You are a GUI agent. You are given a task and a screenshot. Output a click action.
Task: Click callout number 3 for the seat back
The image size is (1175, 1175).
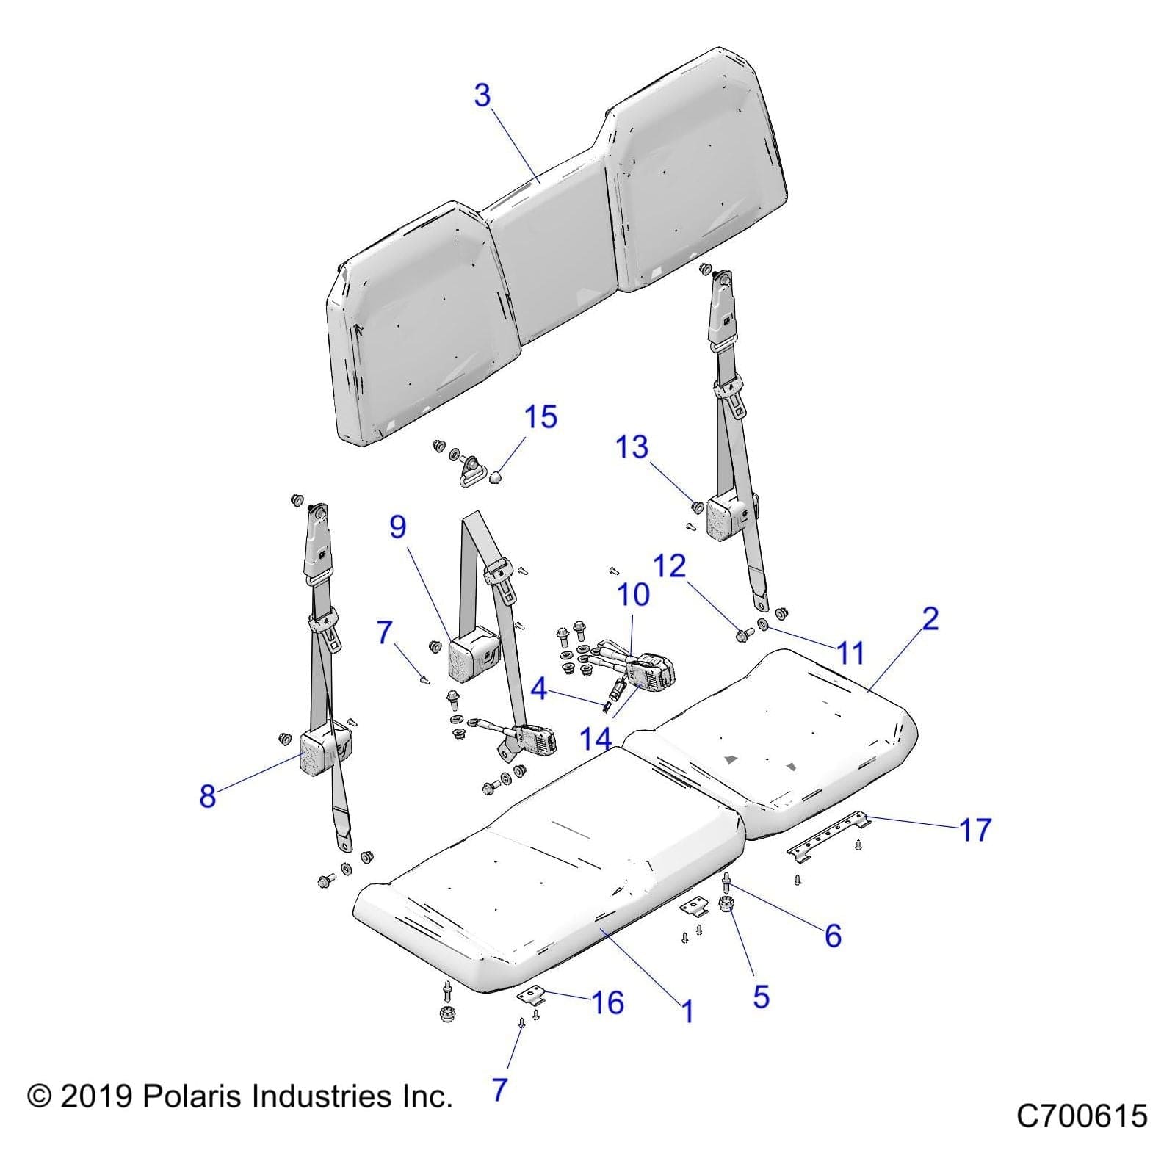coord(482,95)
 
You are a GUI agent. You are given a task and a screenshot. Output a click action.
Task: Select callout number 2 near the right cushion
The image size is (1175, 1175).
coord(930,619)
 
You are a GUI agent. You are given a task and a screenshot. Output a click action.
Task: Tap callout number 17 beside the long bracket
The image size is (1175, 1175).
coord(975,830)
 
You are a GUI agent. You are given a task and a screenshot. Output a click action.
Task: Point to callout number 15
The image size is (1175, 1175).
coord(540,417)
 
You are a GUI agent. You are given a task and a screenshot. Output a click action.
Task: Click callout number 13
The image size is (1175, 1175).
coord(632,446)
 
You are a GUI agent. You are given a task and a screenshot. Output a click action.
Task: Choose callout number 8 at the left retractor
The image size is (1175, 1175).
coord(208,795)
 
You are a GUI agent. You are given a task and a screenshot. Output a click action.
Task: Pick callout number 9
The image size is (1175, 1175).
coord(397,527)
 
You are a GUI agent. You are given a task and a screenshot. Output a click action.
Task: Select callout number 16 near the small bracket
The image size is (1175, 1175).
coord(607,1002)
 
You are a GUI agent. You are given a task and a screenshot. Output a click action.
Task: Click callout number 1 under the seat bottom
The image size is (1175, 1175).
coord(687,1012)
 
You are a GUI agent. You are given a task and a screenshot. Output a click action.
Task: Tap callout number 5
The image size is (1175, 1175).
coord(761,997)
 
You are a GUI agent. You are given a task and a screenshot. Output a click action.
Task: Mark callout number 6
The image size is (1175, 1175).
coord(833,936)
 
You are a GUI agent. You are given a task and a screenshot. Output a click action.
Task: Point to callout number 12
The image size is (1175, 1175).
coord(669,566)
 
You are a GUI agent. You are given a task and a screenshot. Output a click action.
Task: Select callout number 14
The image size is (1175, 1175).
coord(596,739)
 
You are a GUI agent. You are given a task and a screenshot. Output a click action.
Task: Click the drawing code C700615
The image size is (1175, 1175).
coord(1081,1116)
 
